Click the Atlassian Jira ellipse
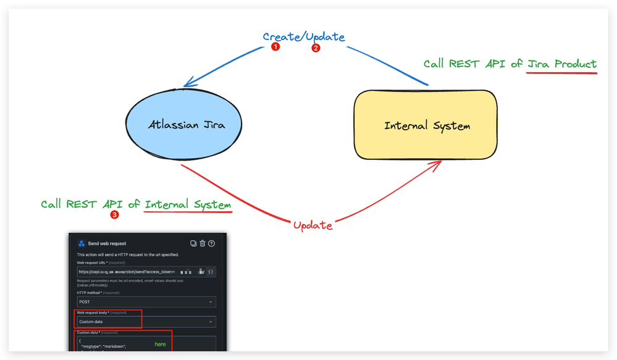coord(186,125)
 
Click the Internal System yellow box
coord(426,126)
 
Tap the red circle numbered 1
coord(275,47)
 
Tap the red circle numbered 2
coord(316,48)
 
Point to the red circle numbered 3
coord(114,215)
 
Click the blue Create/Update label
coord(304,36)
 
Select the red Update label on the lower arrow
coord(313,225)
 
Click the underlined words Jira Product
coord(562,64)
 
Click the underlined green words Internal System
coord(188,204)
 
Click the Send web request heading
coord(107,244)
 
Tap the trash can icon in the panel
coord(203,244)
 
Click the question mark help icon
coord(212,244)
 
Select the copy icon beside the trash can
coord(193,244)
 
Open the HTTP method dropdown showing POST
coord(146,302)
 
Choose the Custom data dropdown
coord(146,322)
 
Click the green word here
coord(160,344)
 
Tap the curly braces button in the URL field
coord(211,271)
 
